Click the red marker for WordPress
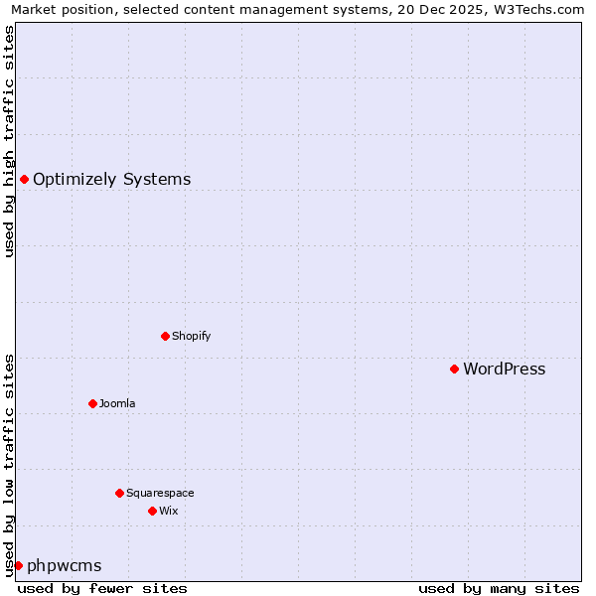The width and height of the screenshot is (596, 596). (454, 369)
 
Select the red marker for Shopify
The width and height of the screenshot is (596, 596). (165, 336)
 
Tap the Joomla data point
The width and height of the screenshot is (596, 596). (92, 403)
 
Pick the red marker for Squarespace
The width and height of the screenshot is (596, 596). (119, 493)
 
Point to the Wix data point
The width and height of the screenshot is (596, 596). (152, 511)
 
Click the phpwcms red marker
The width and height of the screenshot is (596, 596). (18, 565)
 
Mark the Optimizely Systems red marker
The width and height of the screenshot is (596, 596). (24, 179)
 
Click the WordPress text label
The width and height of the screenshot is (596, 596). (504, 370)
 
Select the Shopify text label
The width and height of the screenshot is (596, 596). (191, 336)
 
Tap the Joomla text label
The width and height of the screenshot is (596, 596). (117, 403)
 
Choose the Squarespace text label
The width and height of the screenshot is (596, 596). (160, 493)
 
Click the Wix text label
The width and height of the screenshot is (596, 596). (168, 511)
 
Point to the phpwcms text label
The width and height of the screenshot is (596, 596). (64, 566)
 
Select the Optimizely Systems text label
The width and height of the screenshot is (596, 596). (111, 180)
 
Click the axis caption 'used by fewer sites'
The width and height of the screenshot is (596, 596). (102, 588)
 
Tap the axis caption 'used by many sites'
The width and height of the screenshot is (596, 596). (498, 588)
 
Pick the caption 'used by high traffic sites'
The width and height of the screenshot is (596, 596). (9, 141)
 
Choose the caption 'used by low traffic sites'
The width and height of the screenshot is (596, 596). (9, 464)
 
